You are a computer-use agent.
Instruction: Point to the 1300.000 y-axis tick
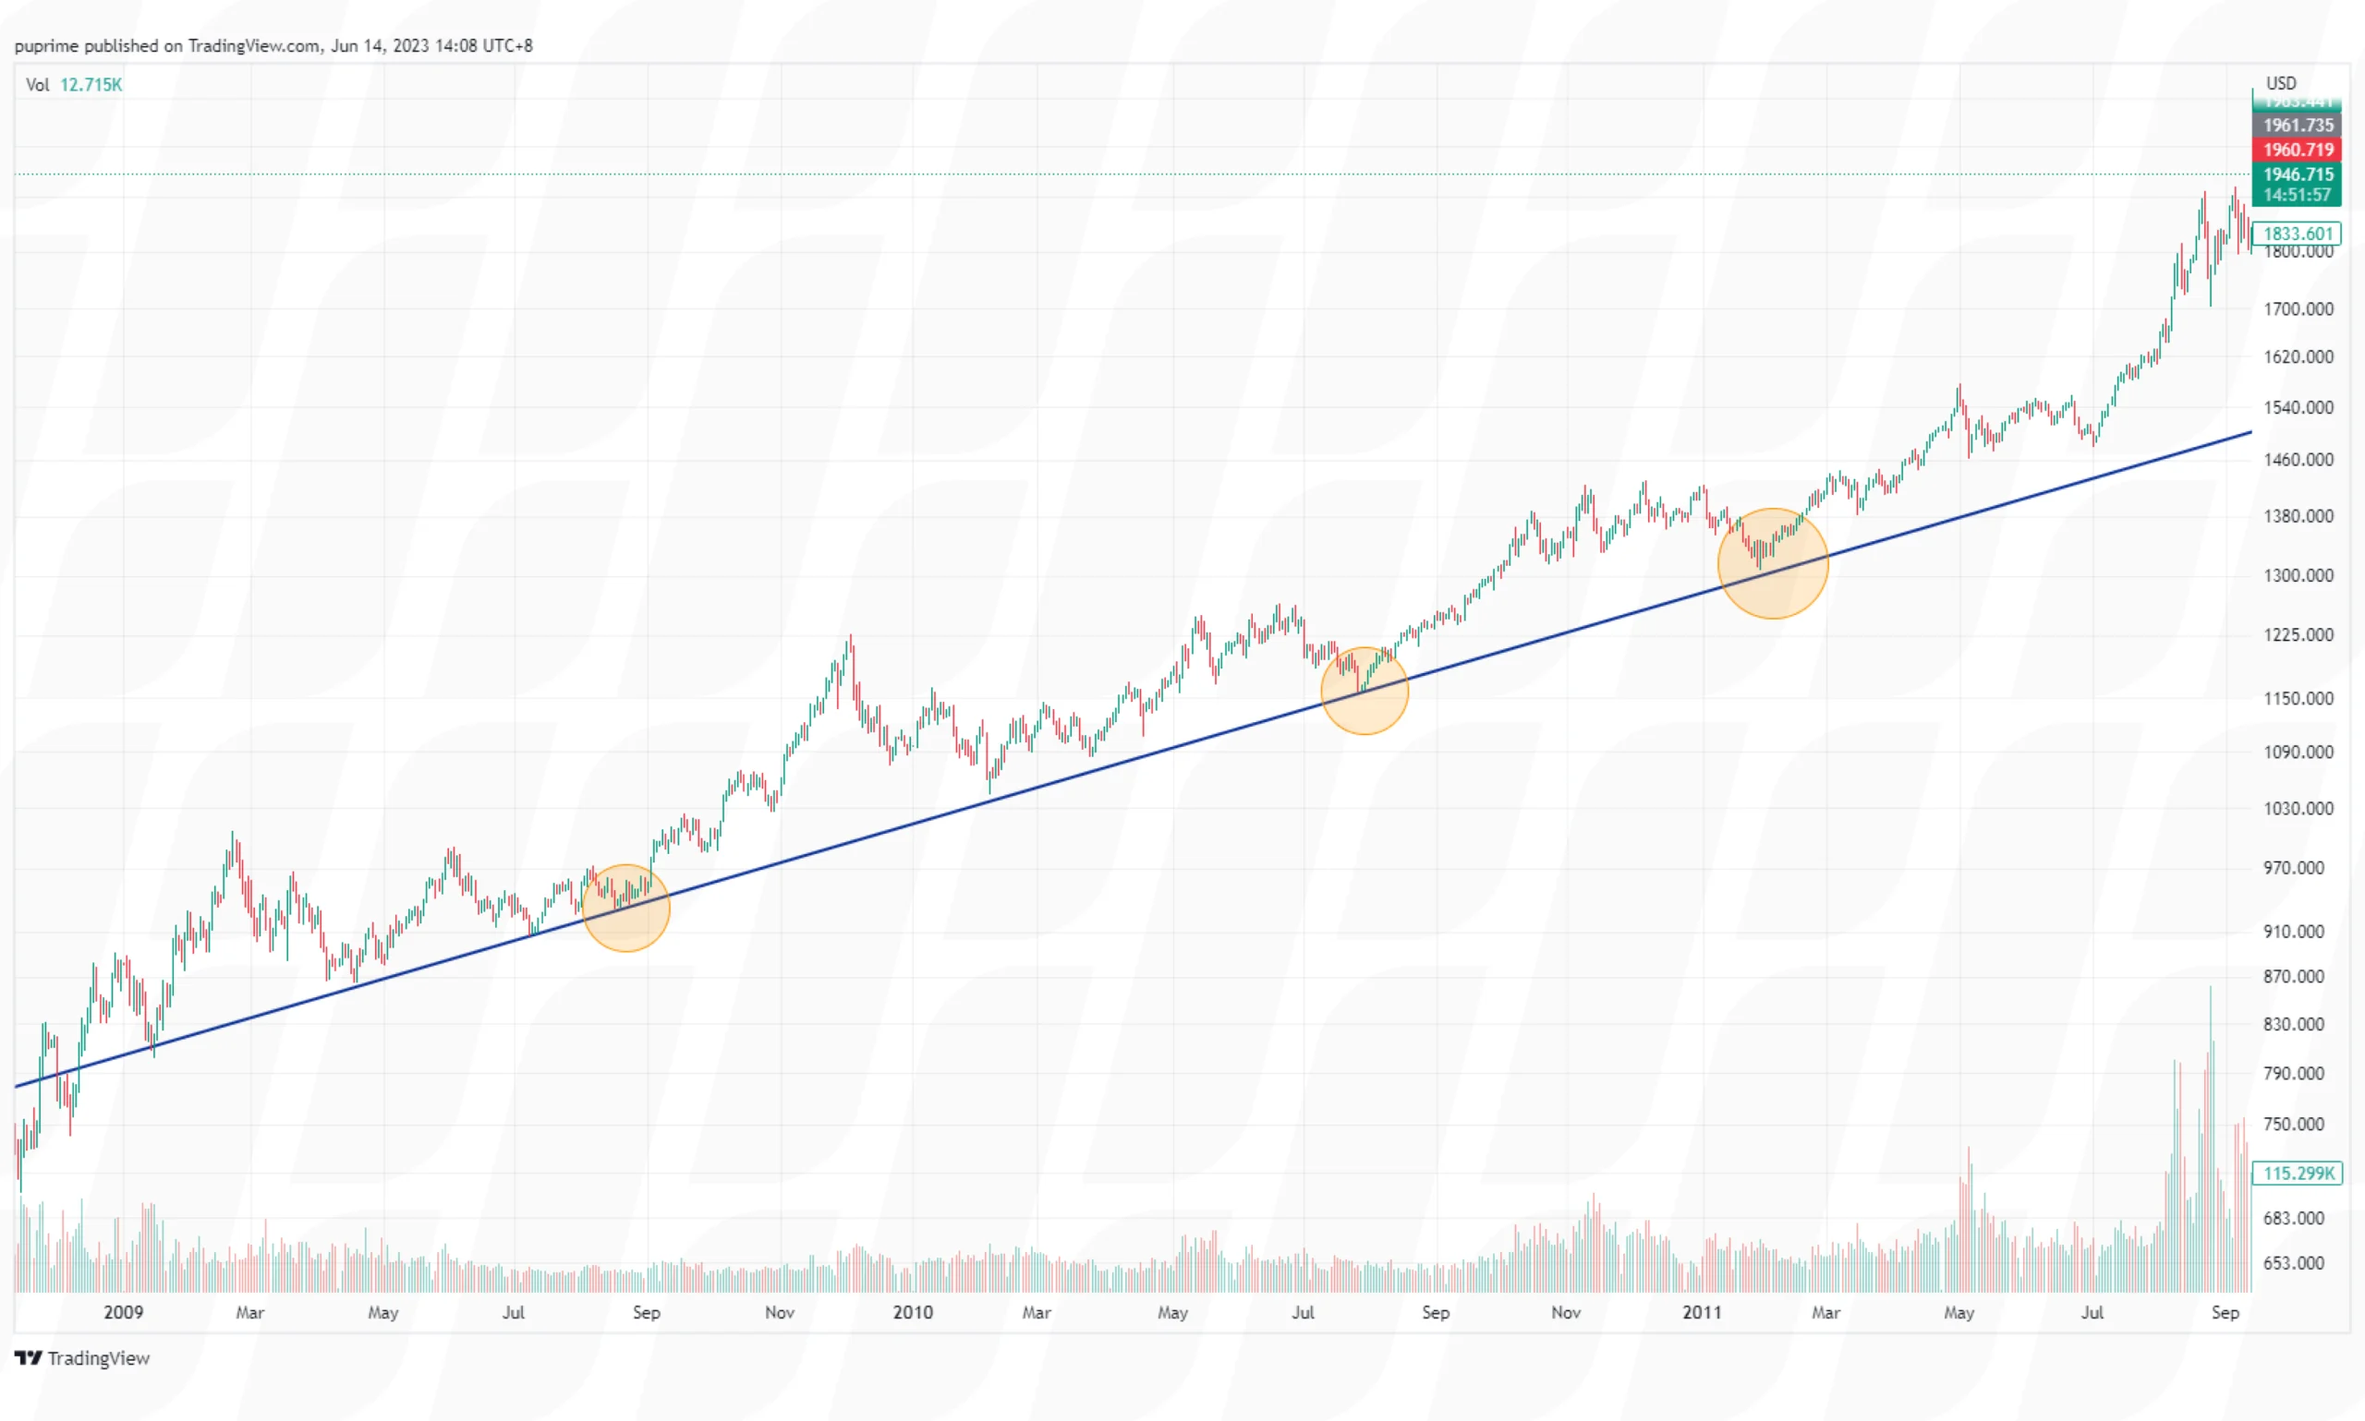pyautogui.click(x=2297, y=575)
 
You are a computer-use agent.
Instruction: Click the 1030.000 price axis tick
pyautogui.click(x=2297, y=808)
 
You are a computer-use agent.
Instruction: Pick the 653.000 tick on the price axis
pyautogui.click(x=2293, y=1263)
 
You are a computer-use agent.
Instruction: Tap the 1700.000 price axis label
pyautogui.click(x=2297, y=309)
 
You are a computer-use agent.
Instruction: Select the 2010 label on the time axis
pyautogui.click(x=912, y=1312)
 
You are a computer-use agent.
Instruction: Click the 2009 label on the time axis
pyautogui.click(x=123, y=1312)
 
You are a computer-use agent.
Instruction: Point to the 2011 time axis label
pyautogui.click(x=1701, y=1312)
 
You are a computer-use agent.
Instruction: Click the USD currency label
pyautogui.click(x=2281, y=83)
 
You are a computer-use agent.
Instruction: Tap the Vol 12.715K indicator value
pyautogui.click(x=91, y=85)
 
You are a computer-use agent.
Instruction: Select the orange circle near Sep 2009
pyautogui.click(x=625, y=908)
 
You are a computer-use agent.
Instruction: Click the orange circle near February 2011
pyautogui.click(x=1772, y=563)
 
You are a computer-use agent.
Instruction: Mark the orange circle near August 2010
pyautogui.click(x=1364, y=691)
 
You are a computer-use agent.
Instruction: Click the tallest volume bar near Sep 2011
pyautogui.click(x=2210, y=1139)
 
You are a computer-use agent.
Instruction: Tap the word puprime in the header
pyautogui.click(x=46, y=46)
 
